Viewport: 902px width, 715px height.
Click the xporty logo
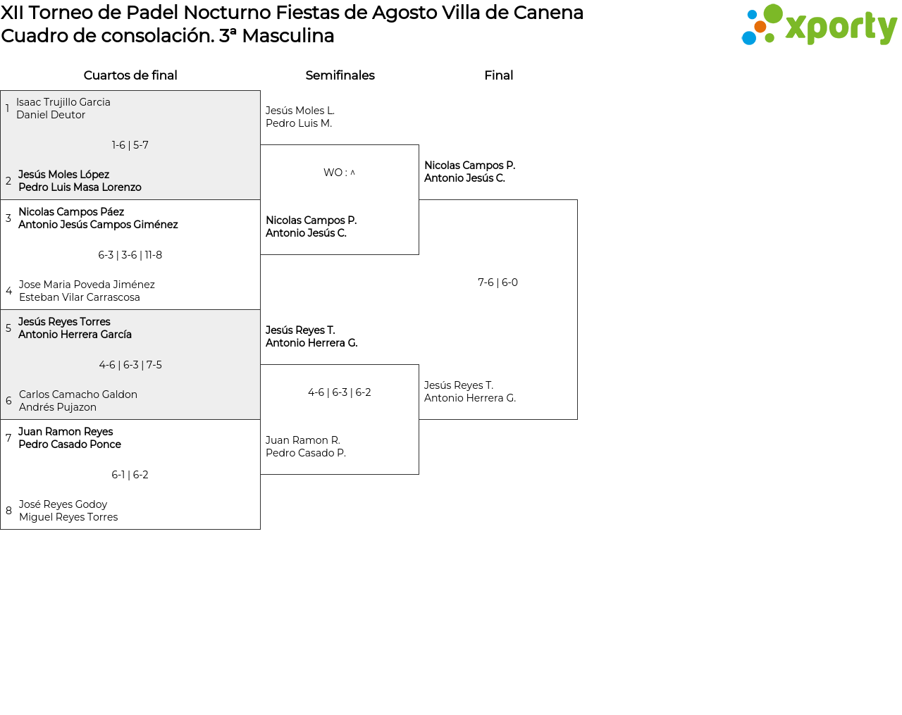click(x=819, y=25)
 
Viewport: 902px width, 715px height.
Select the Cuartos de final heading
click(x=130, y=75)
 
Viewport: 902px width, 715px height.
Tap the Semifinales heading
click(x=340, y=75)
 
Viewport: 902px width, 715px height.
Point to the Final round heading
click(x=498, y=75)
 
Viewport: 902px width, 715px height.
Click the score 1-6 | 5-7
click(x=130, y=145)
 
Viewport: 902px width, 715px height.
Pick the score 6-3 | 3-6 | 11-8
click(x=130, y=255)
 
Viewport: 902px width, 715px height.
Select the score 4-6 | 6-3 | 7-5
click(x=130, y=365)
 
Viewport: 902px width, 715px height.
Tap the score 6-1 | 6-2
click(x=130, y=474)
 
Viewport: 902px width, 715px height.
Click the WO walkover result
click(x=339, y=173)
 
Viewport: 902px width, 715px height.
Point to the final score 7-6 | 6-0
click(x=498, y=282)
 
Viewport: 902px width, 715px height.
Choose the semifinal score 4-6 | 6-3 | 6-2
click(x=340, y=392)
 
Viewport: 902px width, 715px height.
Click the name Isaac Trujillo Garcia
click(x=63, y=102)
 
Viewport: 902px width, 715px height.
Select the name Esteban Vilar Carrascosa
click(x=80, y=297)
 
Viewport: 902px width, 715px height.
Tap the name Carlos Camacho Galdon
click(x=78, y=394)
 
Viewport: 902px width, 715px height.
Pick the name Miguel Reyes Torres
click(x=68, y=517)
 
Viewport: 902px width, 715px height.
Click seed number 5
click(x=8, y=328)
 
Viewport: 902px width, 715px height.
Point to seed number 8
click(x=8, y=511)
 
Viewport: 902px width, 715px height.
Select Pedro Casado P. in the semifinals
click(x=306, y=453)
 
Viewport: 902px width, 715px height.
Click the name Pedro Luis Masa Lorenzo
click(x=80, y=187)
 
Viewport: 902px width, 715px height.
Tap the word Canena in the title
click(x=549, y=13)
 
